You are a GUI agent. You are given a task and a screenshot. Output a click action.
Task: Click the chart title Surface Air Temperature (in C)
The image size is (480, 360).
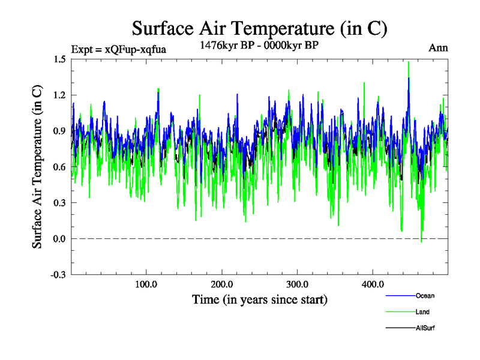tap(260, 28)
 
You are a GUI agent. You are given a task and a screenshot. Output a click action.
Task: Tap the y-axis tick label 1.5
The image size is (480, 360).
tap(59, 59)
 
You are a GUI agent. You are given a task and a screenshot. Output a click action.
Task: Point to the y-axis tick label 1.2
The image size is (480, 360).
tap(59, 95)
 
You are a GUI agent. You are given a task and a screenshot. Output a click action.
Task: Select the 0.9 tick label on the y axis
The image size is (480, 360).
tap(59, 131)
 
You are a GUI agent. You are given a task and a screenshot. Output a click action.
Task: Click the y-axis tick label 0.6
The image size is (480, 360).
tap(59, 167)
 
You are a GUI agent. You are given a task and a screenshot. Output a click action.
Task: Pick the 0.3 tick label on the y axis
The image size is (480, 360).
tap(59, 203)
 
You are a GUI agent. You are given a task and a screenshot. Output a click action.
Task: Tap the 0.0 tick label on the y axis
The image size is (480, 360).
tap(59, 239)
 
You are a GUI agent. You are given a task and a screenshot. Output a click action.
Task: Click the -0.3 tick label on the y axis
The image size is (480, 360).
tap(58, 275)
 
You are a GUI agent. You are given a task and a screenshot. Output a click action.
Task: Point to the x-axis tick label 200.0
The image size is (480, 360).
tap(222, 284)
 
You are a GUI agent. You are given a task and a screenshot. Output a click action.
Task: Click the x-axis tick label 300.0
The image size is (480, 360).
tap(298, 284)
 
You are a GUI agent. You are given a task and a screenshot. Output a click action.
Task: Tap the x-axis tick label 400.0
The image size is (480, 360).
tap(373, 284)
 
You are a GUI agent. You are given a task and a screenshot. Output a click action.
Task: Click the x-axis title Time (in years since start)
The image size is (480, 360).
tap(260, 299)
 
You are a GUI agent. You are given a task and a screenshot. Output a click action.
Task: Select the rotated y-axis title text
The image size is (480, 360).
tap(37, 167)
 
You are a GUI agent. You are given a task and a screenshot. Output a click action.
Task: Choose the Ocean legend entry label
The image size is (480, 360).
tap(425, 296)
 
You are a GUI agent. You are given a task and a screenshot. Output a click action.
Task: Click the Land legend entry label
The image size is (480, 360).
tap(422, 312)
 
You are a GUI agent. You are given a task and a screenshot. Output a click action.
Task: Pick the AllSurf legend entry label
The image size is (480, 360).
tap(426, 328)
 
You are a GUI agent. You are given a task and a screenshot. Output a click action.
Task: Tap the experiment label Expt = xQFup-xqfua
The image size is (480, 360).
tap(118, 49)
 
